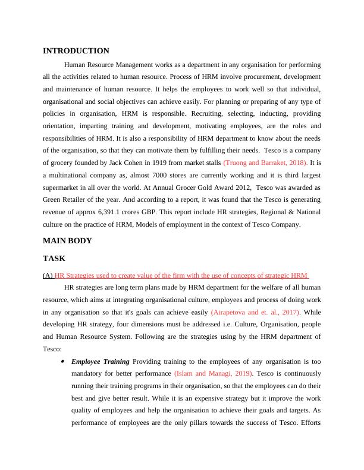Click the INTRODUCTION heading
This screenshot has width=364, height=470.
[76, 51]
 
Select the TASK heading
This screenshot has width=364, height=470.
[54, 259]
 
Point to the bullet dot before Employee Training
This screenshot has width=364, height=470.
[62, 361]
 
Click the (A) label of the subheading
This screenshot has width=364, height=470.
[48, 275]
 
